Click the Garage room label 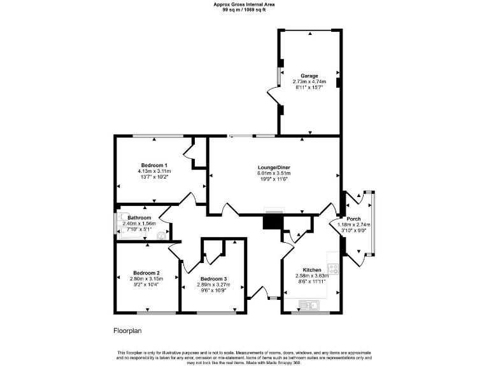pyautogui.click(x=309, y=76)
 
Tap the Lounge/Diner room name pyautogui.click(x=274, y=167)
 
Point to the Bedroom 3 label pyautogui.click(x=213, y=279)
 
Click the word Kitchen pyautogui.click(x=312, y=270)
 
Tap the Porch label pyautogui.click(x=353, y=219)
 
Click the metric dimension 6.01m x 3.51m pyautogui.click(x=274, y=173)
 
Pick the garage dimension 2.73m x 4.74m pyautogui.click(x=309, y=81)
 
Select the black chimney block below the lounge pyautogui.click(x=273, y=221)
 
